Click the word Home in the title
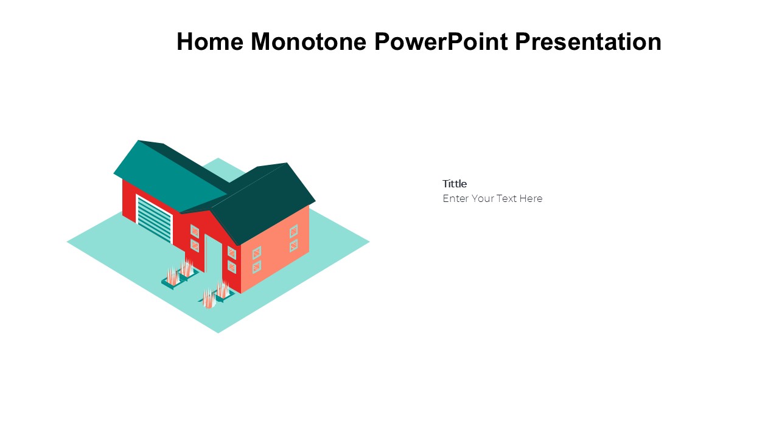tap(210, 42)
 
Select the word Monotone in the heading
tap(309, 42)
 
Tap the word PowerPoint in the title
tap(441, 42)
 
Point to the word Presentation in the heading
tap(588, 42)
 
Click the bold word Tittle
tap(455, 184)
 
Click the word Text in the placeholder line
tap(506, 198)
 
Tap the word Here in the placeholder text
tap(531, 198)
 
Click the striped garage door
tap(155, 219)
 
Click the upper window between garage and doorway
tap(195, 231)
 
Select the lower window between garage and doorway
tap(195, 245)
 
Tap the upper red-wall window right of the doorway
tap(232, 252)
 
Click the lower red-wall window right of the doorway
tap(232, 267)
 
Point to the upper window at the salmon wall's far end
tap(293, 231)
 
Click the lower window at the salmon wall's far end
tap(293, 245)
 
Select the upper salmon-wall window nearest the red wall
tap(257, 252)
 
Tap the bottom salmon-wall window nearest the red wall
tap(257, 267)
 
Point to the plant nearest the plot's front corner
tap(209, 299)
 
